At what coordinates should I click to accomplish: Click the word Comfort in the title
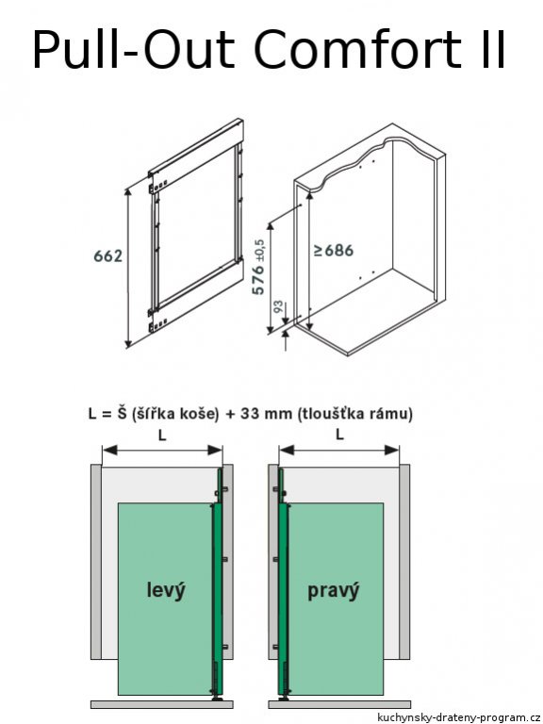pos(356,49)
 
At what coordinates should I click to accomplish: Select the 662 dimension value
pos(108,255)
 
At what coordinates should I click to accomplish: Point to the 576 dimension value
pos(258,279)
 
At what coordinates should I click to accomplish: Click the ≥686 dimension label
pos(334,251)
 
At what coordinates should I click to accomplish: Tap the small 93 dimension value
pos(278,307)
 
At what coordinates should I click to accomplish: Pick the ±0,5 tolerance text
pos(258,250)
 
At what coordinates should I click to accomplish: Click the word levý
pos(166,590)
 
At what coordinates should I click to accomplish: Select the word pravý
pos(334,591)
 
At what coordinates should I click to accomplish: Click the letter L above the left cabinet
pos(161,435)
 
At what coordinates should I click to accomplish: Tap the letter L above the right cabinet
pos(339,435)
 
